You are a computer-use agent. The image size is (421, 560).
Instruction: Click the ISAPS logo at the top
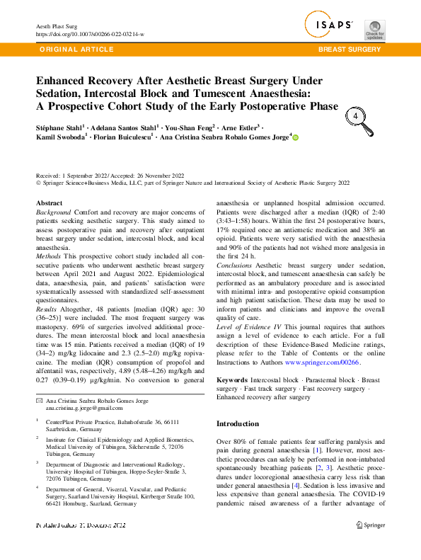[x=330, y=25]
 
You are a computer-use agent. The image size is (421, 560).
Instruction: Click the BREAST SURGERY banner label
[x=350, y=50]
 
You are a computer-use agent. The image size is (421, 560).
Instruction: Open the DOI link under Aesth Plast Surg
[x=90, y=33]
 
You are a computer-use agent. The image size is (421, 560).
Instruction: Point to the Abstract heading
[x=49, y=203]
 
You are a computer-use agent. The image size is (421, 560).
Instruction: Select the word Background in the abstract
[x=53, y=212]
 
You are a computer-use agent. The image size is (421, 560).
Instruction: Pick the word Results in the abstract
[x=48, y=309]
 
